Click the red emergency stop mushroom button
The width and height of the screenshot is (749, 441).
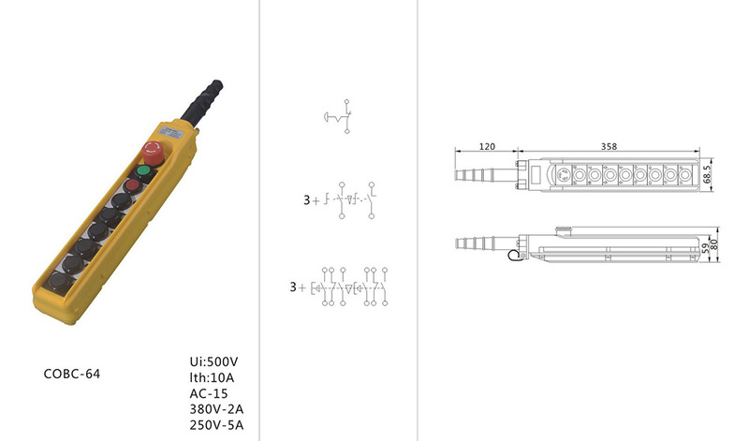154,152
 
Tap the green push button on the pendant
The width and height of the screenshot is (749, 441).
143,171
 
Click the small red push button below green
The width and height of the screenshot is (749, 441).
132,185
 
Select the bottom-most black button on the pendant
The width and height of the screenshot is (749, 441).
59,281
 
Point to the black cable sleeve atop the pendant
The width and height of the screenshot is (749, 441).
202,102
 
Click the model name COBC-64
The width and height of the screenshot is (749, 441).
72,374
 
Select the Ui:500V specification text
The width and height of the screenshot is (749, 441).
213,361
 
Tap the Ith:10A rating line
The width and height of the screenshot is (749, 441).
212,377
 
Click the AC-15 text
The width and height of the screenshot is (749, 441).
209,393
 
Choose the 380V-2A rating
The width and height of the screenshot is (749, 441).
216,409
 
